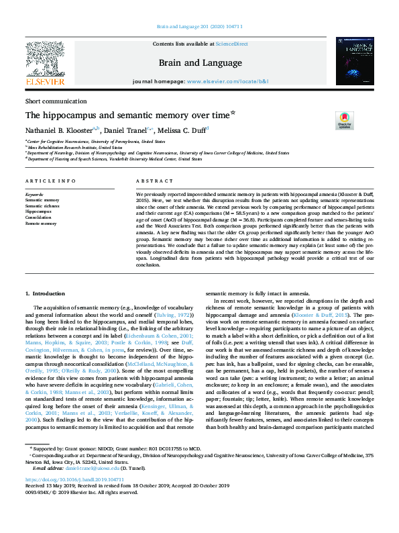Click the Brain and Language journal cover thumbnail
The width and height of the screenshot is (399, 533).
[354, 62]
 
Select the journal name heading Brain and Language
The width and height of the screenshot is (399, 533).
[200, 62]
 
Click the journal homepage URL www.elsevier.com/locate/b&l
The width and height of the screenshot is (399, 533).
[228, 81]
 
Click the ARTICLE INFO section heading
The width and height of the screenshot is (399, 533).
[46, 181]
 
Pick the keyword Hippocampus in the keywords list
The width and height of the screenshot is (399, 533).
[38, 211]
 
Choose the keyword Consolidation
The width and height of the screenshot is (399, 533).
[39, 217]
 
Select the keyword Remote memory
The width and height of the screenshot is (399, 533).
[41, 223]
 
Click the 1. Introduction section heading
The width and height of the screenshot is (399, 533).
[46, 294]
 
